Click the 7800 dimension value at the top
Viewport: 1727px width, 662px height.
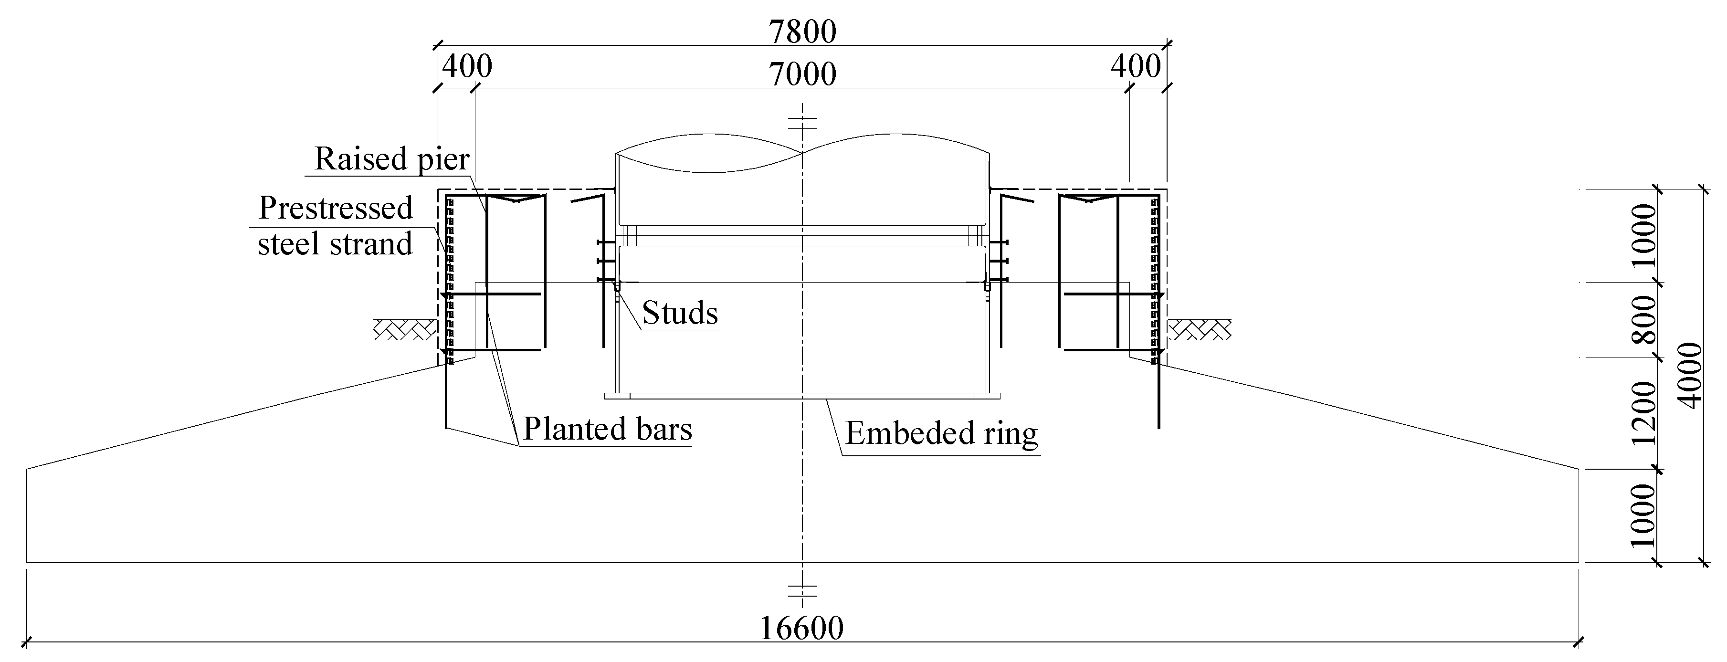tap(802, 32)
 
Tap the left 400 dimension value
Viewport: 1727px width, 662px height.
tap(467, 66)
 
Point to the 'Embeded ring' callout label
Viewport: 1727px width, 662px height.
tap(941, 433)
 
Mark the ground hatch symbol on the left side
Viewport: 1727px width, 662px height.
tap(404, 329)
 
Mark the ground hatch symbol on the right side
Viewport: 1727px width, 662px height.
tap(1200, 329)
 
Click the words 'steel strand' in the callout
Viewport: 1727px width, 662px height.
tap(335, 244)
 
